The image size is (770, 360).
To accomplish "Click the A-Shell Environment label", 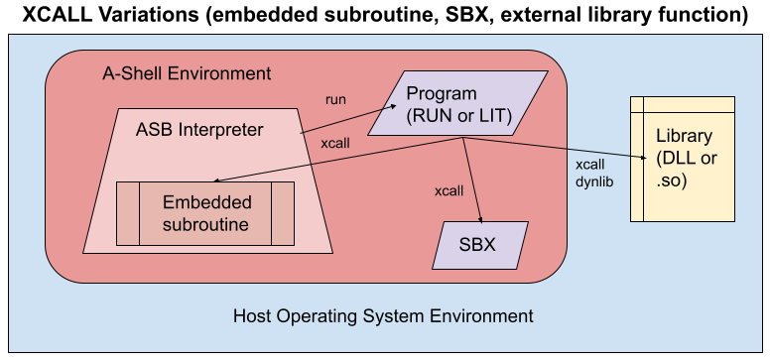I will click(x=186, y=74).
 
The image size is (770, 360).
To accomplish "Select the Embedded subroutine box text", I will click(x=206, y=213).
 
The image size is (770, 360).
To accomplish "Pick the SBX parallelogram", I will click(x=480, y=245).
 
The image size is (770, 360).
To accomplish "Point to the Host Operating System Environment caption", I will click(x=383, y=316).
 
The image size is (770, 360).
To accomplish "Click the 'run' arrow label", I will click(x=337, y=99).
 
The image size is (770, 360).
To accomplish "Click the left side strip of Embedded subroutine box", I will click(x=127, y=213).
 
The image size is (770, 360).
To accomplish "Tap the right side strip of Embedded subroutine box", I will click(x=284, y=213).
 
